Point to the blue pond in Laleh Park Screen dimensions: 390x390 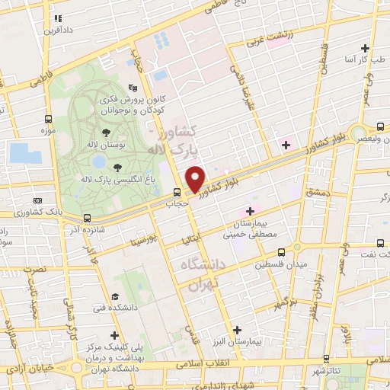click(x=98, y=161)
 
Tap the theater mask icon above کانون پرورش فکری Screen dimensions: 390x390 click(x=133, y=88)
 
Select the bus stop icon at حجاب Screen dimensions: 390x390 click(x=176, y=192)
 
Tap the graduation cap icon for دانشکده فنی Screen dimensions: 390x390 click(x=115, y=296)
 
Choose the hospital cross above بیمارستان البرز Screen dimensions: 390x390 click(x=238, y=330)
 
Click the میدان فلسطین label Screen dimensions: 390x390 click(x=281, y=264)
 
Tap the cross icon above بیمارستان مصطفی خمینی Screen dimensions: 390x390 click(x=249, y=210)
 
